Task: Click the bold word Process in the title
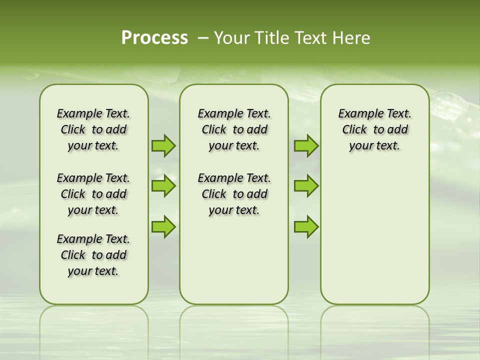[154, 38]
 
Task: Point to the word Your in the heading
[232, 38]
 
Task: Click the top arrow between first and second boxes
[163, 145]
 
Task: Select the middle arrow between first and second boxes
[163, 186]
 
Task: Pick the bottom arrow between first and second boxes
[163, 226]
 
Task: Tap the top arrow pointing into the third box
[306, 145]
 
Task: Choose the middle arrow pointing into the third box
[306, 186]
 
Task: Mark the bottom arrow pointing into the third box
[306, 226]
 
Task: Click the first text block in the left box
[93, 129]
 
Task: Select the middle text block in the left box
[93, 194]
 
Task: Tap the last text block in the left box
[93, 255]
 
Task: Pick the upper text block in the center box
[234, 129]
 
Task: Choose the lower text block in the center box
[234, 194]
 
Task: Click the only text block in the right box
[374, 129]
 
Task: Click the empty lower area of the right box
[374, 235]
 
